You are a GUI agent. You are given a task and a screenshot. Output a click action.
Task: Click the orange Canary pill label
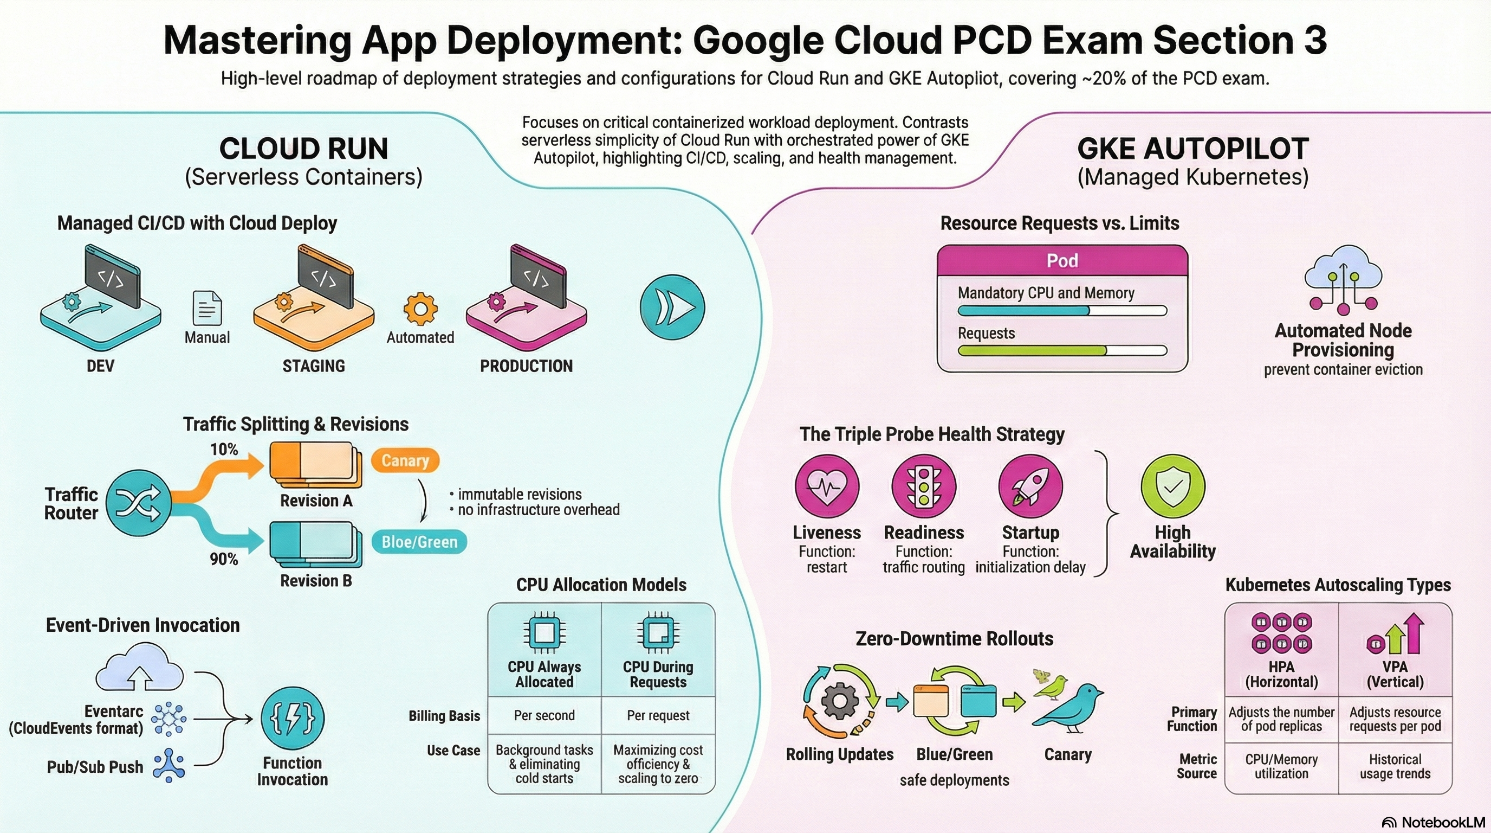tap(405, 460)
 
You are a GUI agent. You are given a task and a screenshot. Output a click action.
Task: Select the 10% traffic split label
tap(224, 449)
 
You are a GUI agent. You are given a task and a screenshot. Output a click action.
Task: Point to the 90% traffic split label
tap(224, 559)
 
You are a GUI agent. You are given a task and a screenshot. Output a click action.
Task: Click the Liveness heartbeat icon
tap(827, 486)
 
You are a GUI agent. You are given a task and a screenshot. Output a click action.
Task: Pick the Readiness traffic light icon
tap(924, 486)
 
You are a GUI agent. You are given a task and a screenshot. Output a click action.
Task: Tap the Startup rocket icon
tap(1031, 486)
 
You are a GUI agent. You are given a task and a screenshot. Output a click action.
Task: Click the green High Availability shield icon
tap(1172, 486)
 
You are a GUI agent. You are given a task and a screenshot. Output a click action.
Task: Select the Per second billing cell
tap(544, 715)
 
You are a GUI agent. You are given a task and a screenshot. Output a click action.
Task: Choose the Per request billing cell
tap(658, 715)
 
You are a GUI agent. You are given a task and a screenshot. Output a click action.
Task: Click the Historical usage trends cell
tap(1395, 766)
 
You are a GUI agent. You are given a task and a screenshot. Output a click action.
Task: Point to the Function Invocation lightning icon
tap(293, 719)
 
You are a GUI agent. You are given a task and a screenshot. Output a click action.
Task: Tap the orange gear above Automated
tap(421, 309)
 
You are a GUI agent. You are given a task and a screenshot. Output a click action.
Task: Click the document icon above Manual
tap(206, 308)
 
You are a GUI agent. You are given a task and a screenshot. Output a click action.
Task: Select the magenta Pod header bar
tap(1062, 261)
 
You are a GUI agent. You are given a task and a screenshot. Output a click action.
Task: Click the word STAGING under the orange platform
tap(314, 366)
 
